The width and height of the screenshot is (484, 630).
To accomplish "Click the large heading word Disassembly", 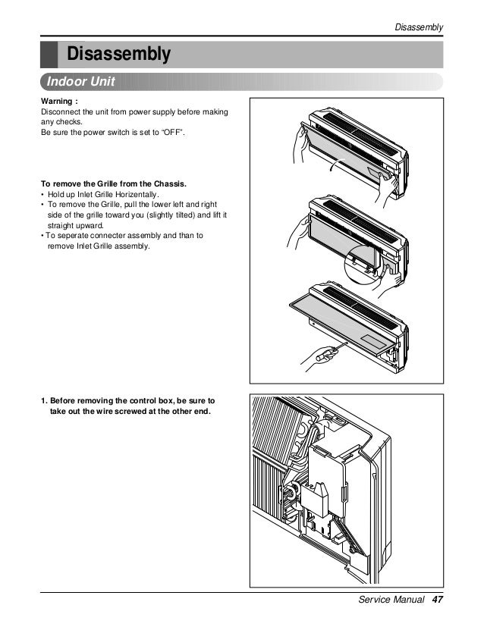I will pos(119,55).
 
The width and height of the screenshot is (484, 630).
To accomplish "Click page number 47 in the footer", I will pos(436,600).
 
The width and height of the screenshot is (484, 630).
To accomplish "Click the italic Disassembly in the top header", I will pos(420,28).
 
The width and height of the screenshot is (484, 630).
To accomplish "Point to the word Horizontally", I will pos(136,195).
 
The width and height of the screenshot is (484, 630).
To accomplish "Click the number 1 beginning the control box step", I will pos(43,400).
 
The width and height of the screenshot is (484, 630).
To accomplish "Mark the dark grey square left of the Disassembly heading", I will pos(49,55).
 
